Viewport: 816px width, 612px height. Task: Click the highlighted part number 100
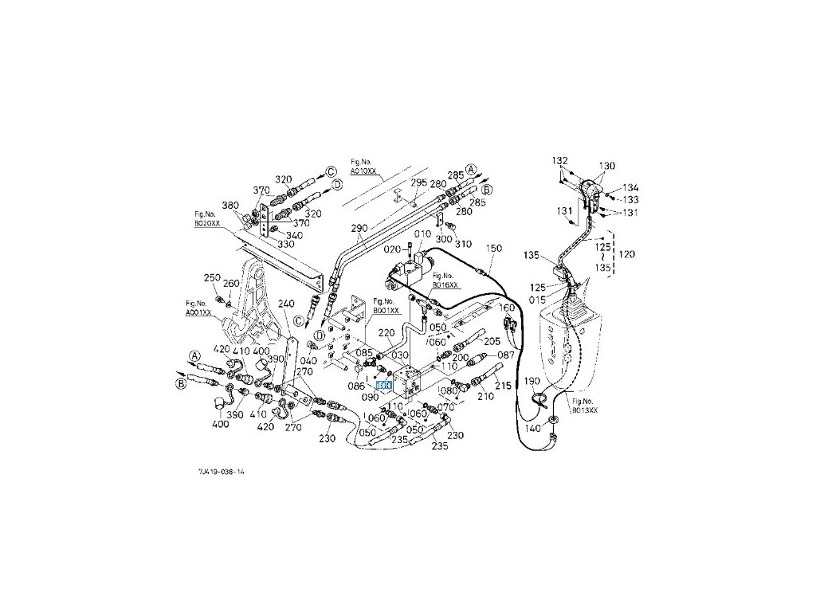click(x=384, y=385)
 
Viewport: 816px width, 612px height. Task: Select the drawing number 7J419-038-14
click(x=222, y=472)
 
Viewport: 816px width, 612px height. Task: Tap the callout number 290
click(x=359, y=227)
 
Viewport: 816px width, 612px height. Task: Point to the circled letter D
click(x=337, y=184)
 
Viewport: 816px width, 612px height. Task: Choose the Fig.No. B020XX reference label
click(x=206, y=221)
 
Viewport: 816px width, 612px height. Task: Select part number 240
click(x=287, y=304)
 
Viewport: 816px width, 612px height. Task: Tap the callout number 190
click(x=532, y=381)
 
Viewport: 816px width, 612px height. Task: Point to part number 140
click(x=532, y=428)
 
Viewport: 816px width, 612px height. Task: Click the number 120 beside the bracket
click(x=627, y=254)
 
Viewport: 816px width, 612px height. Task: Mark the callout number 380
click(x=231, y=205)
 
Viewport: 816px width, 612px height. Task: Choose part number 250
click(x=211, y=277)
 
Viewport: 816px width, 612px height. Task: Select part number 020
click(x=391, y=249)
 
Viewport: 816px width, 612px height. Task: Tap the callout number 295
click(x=419, y=182)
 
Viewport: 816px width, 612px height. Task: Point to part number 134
click(x=630, y=187)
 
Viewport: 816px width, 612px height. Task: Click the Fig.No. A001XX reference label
click(x=198, y=308)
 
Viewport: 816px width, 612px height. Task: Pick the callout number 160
click(x=508, y=308)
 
